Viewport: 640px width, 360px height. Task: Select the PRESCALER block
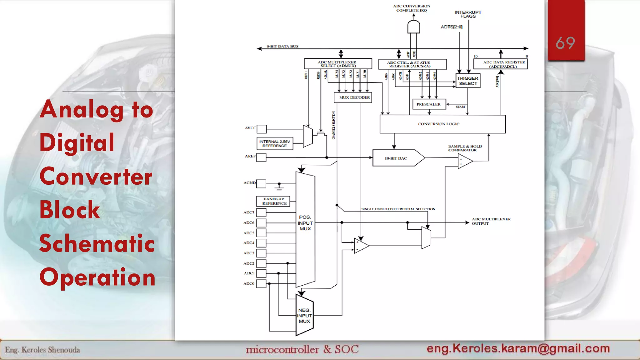click(x=428, y=104)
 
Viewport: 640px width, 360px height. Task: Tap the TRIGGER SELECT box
click(x=468, y=81)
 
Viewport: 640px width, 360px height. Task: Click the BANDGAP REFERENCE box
click(x=273, y=201)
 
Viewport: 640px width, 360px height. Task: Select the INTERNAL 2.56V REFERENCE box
click(x=275, y=144)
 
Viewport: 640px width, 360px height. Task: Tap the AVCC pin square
click(x=262, y=129)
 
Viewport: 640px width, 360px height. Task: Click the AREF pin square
click(x=261, y=157)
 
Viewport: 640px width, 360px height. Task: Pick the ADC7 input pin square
click(x=261, y=212)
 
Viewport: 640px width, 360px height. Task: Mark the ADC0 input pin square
click(x=261, y=283)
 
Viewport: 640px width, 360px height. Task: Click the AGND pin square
click(x=261, y=183)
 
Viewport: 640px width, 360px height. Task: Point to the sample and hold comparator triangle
click(x=464, y=161)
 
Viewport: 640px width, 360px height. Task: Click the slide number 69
click(x=565, y=43)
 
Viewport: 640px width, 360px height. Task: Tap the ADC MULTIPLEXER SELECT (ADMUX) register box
click(x=338, y=64)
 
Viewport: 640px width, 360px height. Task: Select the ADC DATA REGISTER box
click(x=501, y=64)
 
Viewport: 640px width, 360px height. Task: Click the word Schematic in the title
click(x=97, y=243)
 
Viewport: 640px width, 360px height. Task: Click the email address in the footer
click(x=518, y=348)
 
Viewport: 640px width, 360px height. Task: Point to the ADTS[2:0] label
click(x=452, y=27)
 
